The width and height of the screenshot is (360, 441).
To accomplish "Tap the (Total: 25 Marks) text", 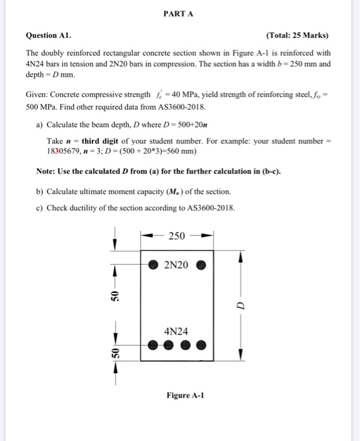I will coord(298,35).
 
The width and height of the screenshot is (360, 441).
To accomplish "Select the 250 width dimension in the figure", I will coord(177,236).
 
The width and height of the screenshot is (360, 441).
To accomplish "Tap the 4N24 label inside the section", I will coord(177,331).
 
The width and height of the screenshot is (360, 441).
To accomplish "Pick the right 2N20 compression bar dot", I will coord(201,265).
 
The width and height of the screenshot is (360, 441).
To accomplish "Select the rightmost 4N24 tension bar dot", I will coord(201,345).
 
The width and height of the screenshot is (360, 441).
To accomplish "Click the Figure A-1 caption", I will coord(186,396).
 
